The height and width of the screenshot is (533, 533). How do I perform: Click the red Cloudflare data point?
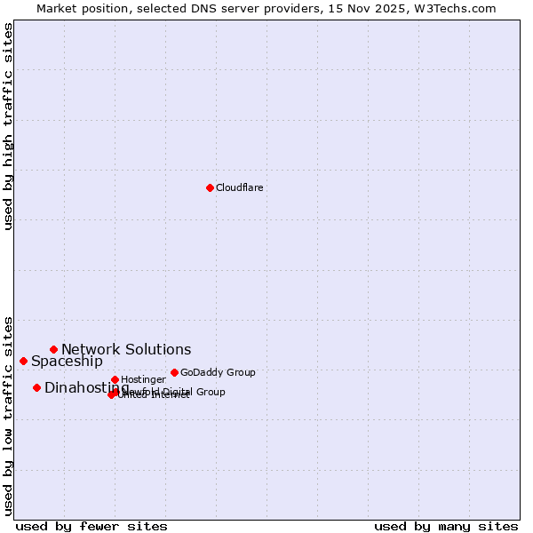pyautogui.click(x=210, y=187)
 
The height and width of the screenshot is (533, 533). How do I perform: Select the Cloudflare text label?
pyautogui.click(x=240, y=187)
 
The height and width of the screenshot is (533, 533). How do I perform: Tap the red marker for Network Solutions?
pyautogui.click(x=53, y=349)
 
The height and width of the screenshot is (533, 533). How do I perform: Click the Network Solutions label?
pyautogui.click(x=126, y=350)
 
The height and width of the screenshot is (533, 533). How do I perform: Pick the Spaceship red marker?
pyautogui.click(x=23, y=361)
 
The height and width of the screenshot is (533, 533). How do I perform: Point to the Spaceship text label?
pyautogui.click(x=67, y=362)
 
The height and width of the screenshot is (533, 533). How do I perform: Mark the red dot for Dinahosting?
pyautogui.click(x=36, y=387)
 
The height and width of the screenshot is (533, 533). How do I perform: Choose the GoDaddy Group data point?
pyautogui.click(x=174, y=372)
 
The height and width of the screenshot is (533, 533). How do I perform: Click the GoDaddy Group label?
pyautogui.click(x=218, y=372)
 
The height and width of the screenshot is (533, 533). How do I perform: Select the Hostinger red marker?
pyautogui.click(x=115, y=379)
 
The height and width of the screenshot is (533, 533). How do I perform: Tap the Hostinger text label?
pyautogui.click(x=143, y=379)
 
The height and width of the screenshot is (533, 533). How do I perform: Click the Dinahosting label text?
pyautogui.click(x=86, y=388)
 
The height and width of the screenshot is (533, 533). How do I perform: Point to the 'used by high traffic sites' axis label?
pyautogui.click(x=8, y=126)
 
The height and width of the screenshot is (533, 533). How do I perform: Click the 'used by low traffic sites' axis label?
pyautogui.click(x=8, y=416)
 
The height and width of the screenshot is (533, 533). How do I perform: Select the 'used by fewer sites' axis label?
pyautogui.click(x=91, y=526)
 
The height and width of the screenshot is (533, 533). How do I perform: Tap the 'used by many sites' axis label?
pyautogui.click(x=446, y=526)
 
